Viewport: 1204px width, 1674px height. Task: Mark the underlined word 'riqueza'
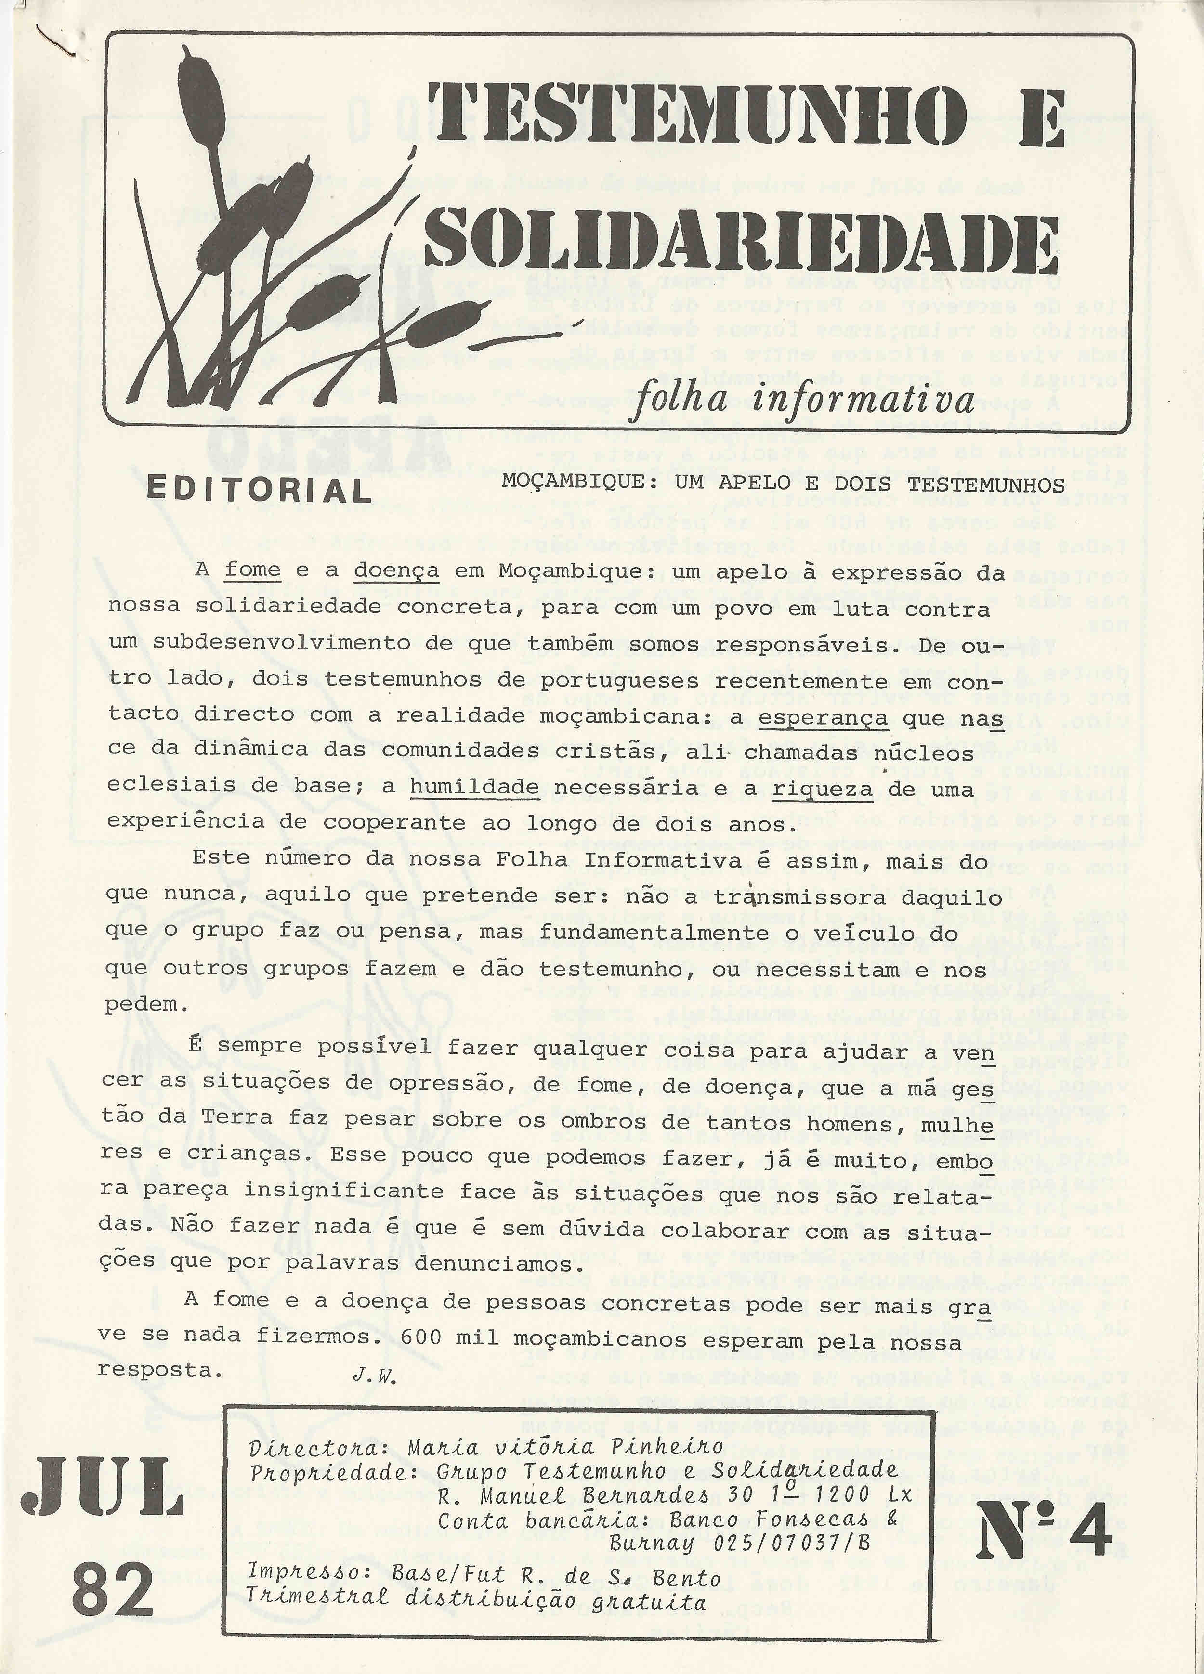pos(823,788)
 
